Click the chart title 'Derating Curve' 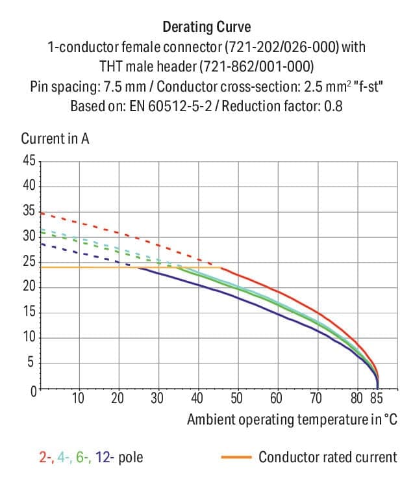point(206,27)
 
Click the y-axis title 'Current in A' point(55,138)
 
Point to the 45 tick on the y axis point(29,161)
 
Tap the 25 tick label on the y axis point(29,262)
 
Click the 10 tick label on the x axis point(78,398)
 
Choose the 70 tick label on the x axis point(316,398)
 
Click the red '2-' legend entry point(45,457)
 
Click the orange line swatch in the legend point(236,457)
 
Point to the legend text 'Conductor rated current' point(327,457)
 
